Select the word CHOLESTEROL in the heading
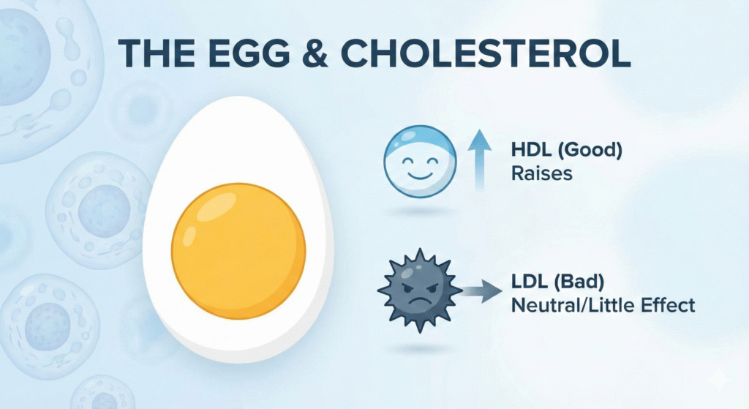486,53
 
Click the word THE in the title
157,53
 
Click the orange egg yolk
238,251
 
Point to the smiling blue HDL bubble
420,162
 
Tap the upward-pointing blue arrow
479,160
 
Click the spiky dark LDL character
420,290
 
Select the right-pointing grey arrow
481,290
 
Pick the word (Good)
590,151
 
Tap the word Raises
542,173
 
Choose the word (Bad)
579,282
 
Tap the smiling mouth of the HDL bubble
420,176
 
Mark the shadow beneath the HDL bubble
420,211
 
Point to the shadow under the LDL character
420,349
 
